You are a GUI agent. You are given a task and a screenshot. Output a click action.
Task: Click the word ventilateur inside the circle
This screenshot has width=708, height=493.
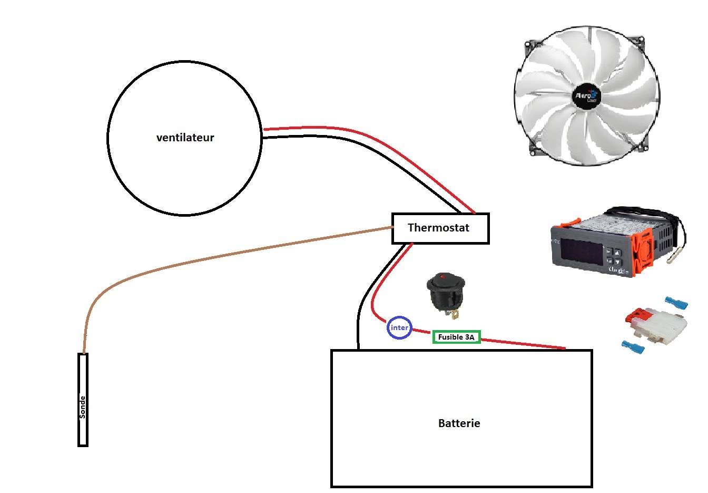tap(185, 138)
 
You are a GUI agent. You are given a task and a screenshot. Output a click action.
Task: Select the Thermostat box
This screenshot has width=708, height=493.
tap(440, 228)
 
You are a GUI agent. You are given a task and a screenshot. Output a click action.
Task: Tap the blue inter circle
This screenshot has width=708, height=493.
tap(399, 328)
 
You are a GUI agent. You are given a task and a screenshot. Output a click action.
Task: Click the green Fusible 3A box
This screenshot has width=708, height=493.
tap(456, 337)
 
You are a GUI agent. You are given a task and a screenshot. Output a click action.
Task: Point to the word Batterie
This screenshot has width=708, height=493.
tap(459, 423)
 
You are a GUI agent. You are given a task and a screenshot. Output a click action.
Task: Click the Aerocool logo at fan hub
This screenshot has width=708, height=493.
tap(586, 96)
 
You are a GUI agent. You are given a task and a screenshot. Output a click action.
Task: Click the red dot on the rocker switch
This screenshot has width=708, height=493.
tap(443, 276)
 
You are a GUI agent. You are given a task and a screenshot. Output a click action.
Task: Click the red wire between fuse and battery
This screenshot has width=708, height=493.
tap(522, 344)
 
